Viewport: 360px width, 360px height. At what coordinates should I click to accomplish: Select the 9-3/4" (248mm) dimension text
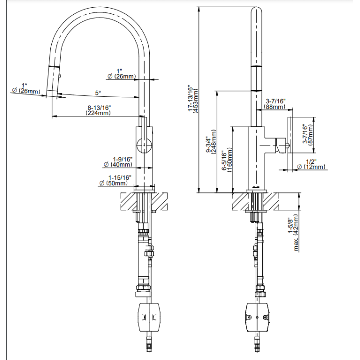(211, 142)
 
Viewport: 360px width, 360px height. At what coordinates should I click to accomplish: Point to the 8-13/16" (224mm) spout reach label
(99, 110)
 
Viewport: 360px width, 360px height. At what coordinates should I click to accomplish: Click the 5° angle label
(98, 93)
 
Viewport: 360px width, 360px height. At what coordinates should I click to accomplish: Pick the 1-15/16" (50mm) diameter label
(115, 180)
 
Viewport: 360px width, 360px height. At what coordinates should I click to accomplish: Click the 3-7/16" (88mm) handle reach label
(275, 104)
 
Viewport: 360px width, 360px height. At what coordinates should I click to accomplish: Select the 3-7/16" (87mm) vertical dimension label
(307, 134)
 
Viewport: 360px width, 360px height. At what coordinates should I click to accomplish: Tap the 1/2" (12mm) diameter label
(311, 164)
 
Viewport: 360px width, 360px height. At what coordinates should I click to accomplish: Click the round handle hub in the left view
(144, 145)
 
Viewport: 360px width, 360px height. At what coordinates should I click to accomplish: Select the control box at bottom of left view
(149, 317)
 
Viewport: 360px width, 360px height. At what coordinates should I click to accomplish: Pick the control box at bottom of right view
(258, 317)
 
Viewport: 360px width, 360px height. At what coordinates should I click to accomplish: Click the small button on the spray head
(60, 76)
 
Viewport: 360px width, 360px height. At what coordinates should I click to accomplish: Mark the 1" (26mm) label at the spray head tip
(26, 89)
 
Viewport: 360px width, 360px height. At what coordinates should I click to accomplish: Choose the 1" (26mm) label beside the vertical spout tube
(122, 74)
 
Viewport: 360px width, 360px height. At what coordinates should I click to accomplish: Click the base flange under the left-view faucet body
(144, 188)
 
